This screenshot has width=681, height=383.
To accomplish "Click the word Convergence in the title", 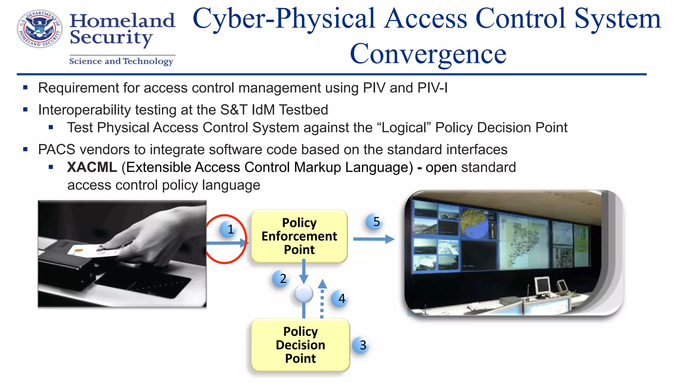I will (428, 54).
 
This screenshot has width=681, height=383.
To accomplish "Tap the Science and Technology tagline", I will (121, 61).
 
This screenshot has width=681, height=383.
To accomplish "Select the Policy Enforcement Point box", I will (299, 236).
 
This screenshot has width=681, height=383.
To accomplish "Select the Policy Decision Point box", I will (300, 345).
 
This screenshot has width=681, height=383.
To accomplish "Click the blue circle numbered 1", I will (228, 229).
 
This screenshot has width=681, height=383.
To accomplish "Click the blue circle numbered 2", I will (281, 279).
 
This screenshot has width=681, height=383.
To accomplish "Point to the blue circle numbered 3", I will (361, 345).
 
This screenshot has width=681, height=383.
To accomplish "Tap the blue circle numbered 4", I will (340, 299).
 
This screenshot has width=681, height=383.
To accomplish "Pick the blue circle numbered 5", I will (374, 222).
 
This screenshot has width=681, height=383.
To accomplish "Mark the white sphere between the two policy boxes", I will (304, 294).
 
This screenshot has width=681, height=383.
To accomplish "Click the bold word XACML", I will (92, 167).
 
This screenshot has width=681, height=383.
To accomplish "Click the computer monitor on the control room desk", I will (543, 285).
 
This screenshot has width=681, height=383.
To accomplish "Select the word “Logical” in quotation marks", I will (404, 128).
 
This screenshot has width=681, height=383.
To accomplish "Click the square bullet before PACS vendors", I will (25, 149).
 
